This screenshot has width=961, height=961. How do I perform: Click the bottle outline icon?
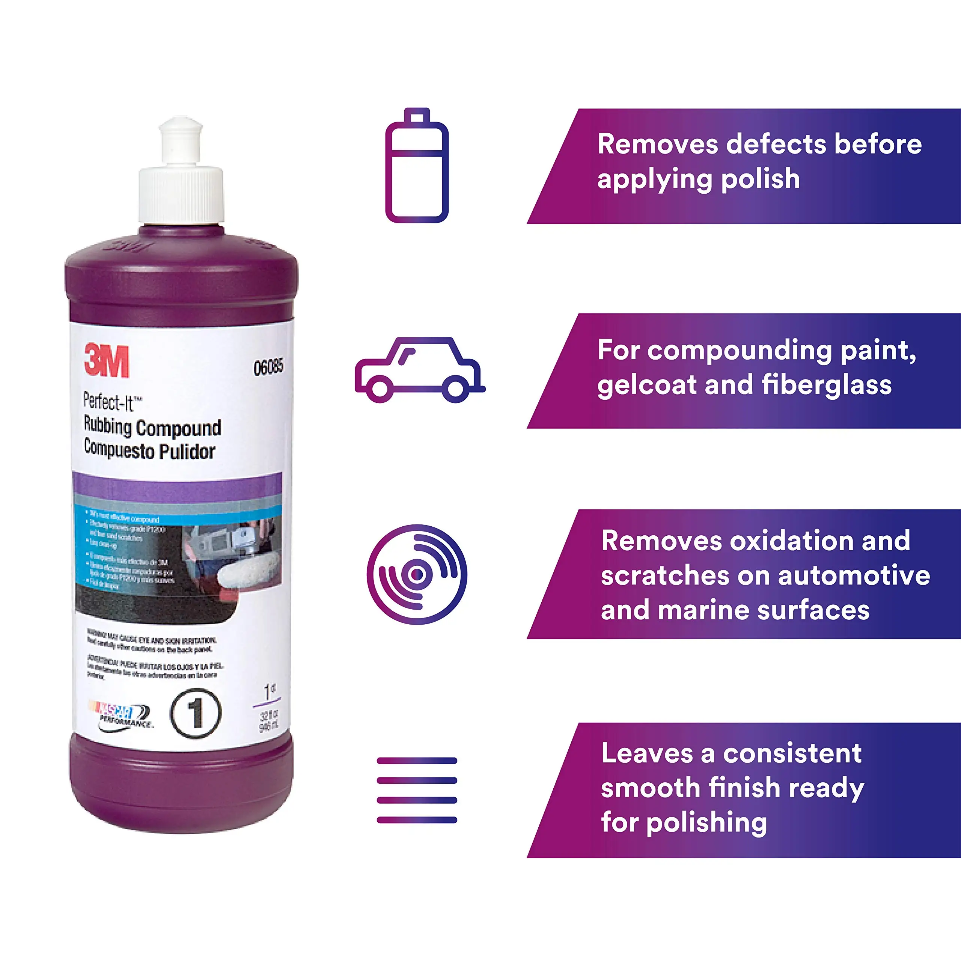(417, 166)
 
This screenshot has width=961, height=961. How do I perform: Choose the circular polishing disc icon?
(417, 574)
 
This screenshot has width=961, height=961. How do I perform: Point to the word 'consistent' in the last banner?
(792, 753)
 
